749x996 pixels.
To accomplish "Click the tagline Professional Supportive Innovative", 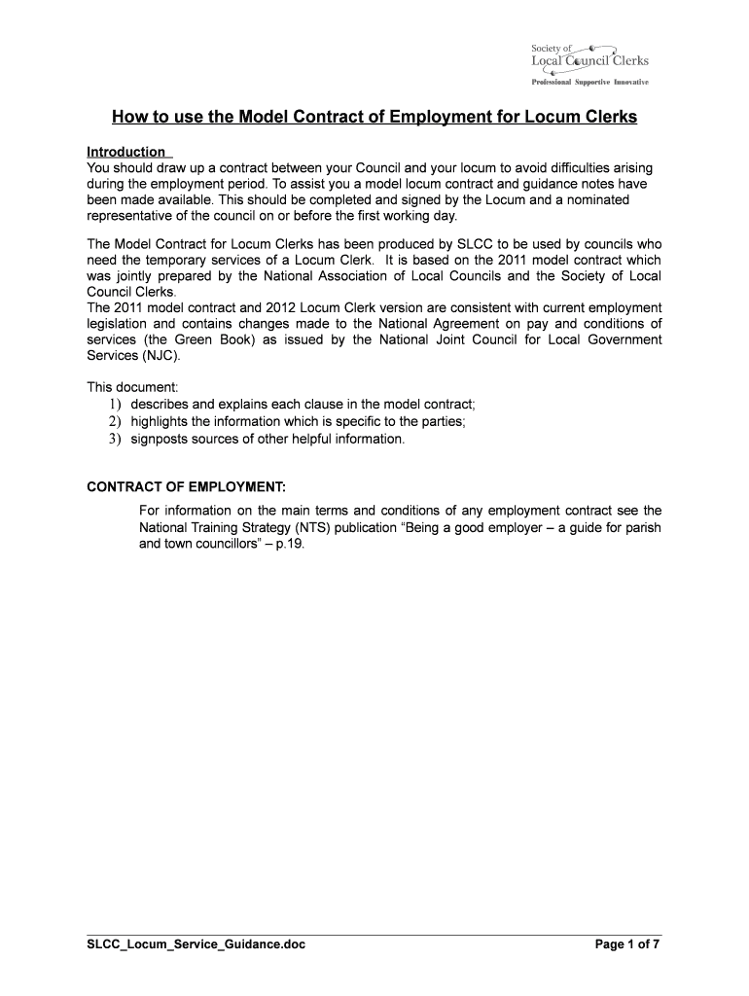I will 588,82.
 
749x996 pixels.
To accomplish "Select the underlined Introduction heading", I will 126,152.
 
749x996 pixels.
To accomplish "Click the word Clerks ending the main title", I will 607,118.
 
